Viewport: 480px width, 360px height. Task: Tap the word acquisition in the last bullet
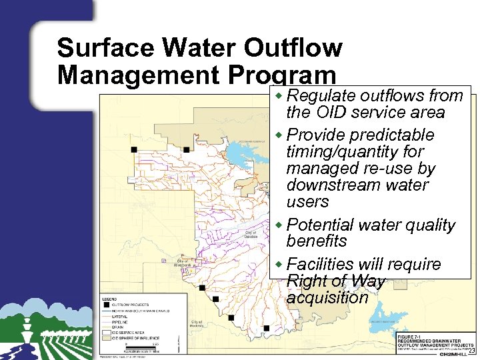pyautogui.click(x=327, y=297)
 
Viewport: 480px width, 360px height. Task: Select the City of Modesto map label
pyautogui.click(x=197, y=323)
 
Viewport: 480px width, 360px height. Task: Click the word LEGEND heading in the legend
pyautogui.click(x=110, y=299)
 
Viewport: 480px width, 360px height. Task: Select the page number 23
pyautogui.click(x=472, y=351)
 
